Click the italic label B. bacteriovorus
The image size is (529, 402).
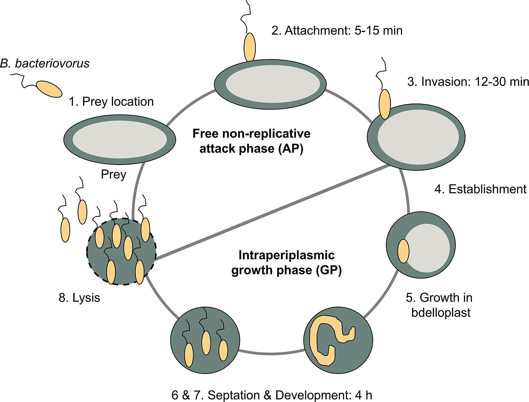pos(45,64)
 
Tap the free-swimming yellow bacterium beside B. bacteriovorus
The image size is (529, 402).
pos(49,89)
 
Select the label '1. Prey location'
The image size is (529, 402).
pos(111,102)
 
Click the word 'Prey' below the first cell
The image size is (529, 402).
pos(113,175)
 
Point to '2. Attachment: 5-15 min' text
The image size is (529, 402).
pos(337,31)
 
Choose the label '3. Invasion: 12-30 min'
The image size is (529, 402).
pos(468,82)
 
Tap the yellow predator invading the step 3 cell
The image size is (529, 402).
pos(385,104)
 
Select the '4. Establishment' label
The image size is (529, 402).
pos(480,189)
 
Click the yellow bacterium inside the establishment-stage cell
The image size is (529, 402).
pos(403,251)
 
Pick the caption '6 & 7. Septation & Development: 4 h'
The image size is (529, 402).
pos(272,395)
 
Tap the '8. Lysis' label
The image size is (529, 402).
pos(79,298)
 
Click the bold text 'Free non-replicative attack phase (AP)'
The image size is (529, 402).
pos(251,141)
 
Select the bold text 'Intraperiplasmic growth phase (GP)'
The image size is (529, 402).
pos(286,263)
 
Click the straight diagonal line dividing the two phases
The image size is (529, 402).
pos(272,212)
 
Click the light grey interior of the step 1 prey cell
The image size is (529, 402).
pos(120,139)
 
